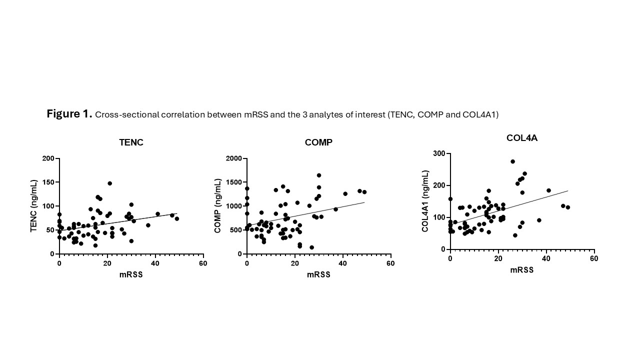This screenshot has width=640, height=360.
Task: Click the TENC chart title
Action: (x=131, y=142)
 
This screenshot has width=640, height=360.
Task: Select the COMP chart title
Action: (x=318, y=142)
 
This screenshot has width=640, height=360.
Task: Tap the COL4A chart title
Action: (x=521, y=138)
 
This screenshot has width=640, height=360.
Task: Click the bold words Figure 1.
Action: (x=69, y=114)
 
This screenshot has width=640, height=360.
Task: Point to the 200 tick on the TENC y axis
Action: (x=48, y=158)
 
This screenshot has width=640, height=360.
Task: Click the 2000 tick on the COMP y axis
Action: (x=233, y=158)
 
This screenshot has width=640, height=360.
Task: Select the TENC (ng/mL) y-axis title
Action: (x=34, y=205)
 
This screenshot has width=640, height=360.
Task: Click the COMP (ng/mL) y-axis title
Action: (x=217, y=205)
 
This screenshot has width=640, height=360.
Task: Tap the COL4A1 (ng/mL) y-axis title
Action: (x=425, y=201)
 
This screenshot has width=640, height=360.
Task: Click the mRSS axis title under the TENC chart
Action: (x=131, y=274)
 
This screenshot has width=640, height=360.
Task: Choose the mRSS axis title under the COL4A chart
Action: (x=521, y=270)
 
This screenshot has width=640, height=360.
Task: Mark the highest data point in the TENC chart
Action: (x=109, y=183)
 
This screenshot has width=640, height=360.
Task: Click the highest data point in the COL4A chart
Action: (x=512, y=161)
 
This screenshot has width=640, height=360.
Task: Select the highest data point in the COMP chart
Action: (x=318, y=175)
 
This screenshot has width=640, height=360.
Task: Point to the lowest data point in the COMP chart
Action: (x=311, y=247)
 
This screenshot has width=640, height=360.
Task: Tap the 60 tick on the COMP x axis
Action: (x=390, y=263)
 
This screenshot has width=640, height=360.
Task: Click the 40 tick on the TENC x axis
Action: (x=155, y=263)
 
